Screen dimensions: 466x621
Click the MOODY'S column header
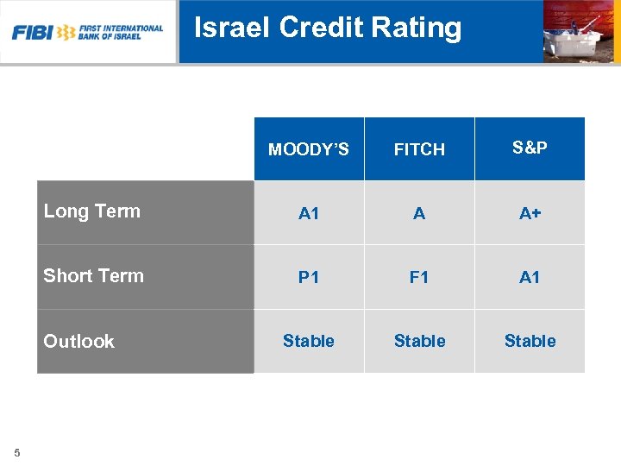309,149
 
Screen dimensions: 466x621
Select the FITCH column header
419,149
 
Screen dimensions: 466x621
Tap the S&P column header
530,148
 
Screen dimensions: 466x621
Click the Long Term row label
92,211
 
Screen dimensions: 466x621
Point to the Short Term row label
94,276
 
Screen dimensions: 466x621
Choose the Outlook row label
79,342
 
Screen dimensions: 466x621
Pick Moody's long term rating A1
309,213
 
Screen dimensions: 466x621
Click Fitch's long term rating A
419,213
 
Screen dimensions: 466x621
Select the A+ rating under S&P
530,213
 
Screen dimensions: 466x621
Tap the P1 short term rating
309,277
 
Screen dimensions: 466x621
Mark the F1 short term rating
419,277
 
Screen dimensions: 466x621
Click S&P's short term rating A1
530,277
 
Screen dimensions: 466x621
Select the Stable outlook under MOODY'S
309,341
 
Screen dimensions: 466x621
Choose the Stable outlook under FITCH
419,341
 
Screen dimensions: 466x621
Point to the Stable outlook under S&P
530,341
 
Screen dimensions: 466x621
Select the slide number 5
17,452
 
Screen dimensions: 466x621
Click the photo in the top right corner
580,31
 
